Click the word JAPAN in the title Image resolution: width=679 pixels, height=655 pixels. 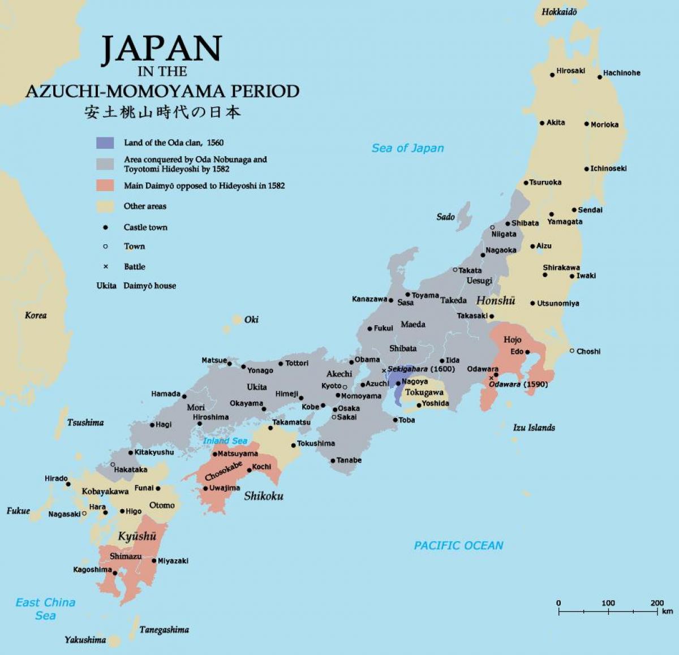(161, 49)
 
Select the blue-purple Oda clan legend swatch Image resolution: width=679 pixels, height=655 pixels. (105, 143)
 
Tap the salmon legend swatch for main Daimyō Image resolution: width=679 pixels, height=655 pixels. (105, 186)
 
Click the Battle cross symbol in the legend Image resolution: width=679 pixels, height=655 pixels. (105, 266)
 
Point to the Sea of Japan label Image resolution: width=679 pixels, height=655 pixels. (407, 148)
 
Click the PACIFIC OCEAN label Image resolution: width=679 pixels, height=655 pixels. (458, 546)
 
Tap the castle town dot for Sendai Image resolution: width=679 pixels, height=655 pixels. (574, 210)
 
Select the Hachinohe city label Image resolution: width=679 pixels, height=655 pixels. (621, 73)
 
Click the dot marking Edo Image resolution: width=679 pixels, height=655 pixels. (527, 352)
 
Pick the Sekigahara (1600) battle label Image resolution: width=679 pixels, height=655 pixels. (421, 369)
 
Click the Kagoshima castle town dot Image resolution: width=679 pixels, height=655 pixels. (115, 573)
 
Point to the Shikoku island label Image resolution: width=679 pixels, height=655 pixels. (264, 496)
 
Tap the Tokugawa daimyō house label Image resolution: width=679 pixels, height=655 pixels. (424, 392)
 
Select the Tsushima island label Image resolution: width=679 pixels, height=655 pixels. (85, 423)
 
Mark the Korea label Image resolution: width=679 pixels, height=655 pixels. (36, 316)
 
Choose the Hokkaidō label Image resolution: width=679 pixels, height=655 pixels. (559, 12)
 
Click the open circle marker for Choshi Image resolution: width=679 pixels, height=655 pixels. (572, 351)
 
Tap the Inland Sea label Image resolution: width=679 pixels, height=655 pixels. (225, 441)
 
